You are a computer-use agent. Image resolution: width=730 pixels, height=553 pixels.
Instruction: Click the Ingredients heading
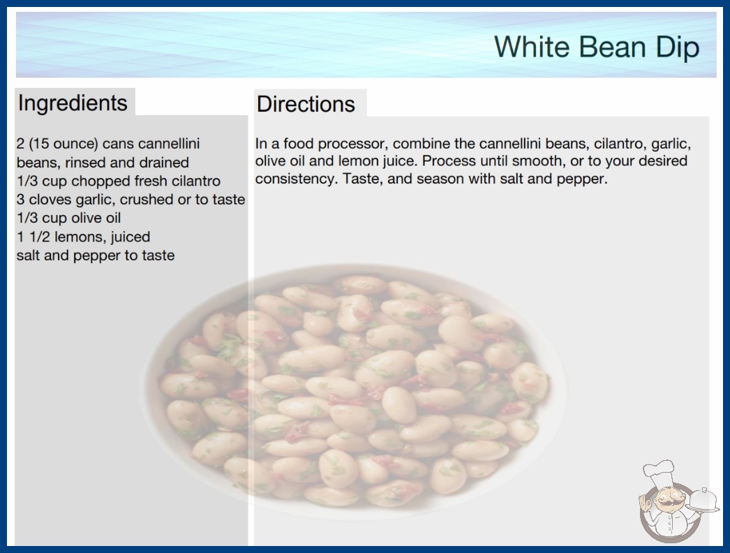pyautogui.click(x=73, y=103)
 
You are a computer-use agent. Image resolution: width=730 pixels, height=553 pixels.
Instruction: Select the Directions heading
pyautogui.click(x=306, y=104)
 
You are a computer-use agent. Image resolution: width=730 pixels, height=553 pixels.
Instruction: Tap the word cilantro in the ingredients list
pyautogui.click(x=196, y=181)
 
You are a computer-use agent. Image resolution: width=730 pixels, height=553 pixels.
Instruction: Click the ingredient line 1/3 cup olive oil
pyautogui.click(x=69, y=218)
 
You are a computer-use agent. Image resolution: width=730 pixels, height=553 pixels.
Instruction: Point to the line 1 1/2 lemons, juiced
pyautogui.click(x=83, y=237)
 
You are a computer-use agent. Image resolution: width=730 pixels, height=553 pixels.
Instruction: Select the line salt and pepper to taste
pyautogui.click(x=96, y=256)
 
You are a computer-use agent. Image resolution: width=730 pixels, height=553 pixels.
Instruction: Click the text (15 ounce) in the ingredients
pyautogui.click(x=64, y=144)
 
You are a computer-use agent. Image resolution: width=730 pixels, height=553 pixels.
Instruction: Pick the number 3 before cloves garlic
pyautogui.click(x=20, y=200)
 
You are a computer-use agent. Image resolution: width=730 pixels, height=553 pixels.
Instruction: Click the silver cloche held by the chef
pyautogui.click(x=704, y=499)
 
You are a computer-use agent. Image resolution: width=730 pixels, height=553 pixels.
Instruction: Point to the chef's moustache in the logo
pyautogui.click(x=666, y=504)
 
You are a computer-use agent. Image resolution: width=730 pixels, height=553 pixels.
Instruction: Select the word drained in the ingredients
pyautogui.click(x=164, y=163)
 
